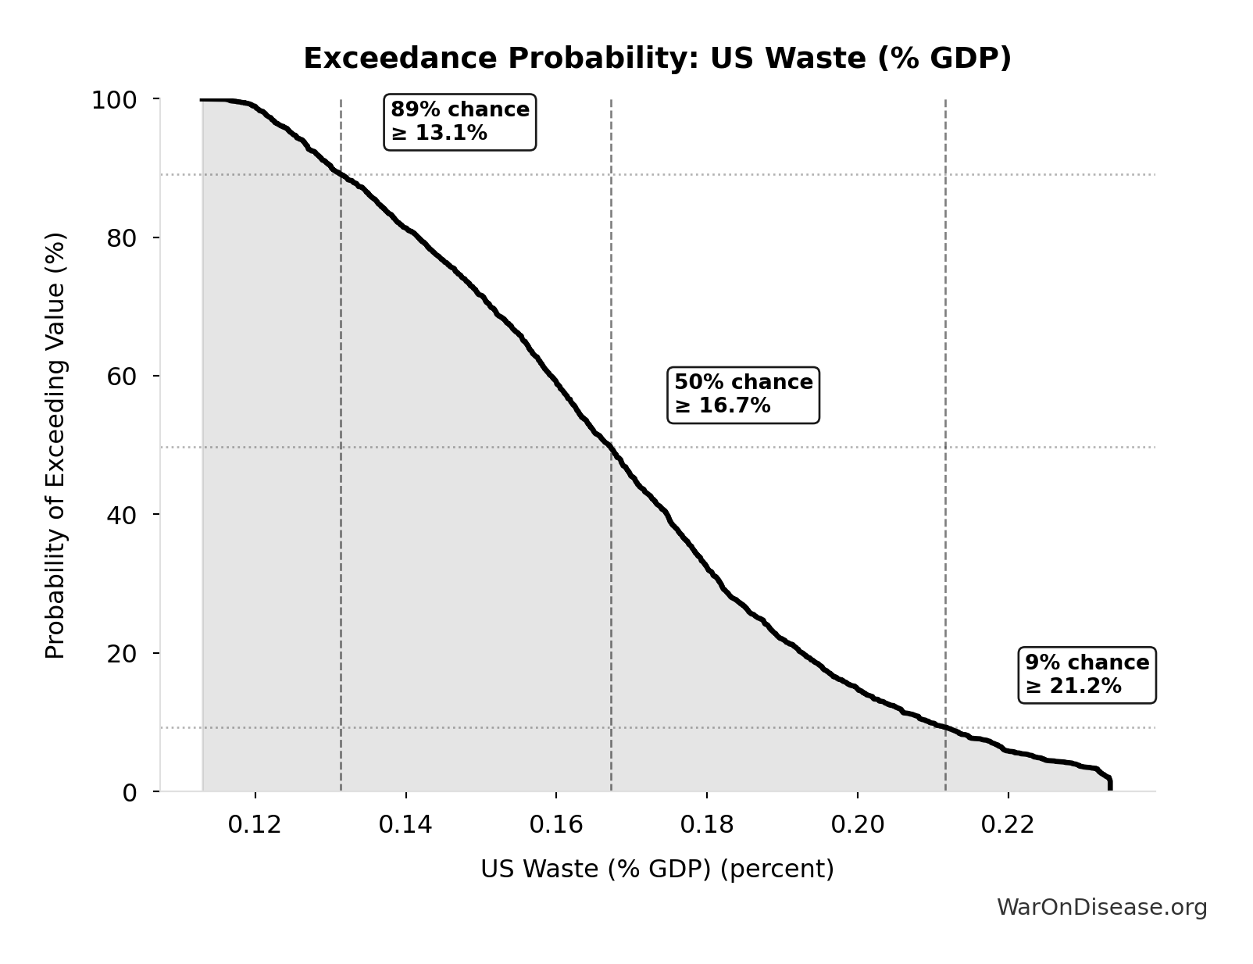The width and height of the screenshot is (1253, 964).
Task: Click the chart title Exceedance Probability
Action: pos(656,59)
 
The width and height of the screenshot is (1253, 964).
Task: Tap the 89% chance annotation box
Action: pos(460,122)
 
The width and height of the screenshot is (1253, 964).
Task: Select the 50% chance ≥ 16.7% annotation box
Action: pos(743,395)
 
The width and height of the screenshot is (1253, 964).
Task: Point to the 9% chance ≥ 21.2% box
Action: pos(1087,675)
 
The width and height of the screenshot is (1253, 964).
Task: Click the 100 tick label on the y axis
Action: pos(114,100)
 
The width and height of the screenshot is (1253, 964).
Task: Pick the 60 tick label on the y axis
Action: pos(122,377)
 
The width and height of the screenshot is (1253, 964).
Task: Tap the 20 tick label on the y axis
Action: pos(122,654)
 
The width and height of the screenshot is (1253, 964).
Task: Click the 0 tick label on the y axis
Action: pos(130,793)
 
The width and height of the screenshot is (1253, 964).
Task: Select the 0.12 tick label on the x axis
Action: pos(255,825)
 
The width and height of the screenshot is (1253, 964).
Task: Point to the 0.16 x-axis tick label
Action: pos(556,825)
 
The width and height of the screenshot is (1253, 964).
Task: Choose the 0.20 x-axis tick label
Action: pos(858,825)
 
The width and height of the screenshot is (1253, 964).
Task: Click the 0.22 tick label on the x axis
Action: pos(1008,825)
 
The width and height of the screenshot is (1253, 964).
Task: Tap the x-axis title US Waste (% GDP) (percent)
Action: pos(657,869)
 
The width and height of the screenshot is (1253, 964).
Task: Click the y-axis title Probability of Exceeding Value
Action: pos(55,445)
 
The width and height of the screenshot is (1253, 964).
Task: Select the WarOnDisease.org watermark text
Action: pos(1101,908)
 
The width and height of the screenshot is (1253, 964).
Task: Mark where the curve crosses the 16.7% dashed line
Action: pos(611,448)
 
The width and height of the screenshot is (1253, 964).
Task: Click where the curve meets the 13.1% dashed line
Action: pos(341,174)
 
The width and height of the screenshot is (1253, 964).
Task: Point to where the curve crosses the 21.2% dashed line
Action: pos(945,727)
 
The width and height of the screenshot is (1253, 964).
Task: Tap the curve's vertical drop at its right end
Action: pos(1110,784)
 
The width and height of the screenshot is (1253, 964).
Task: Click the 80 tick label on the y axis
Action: pos(122,238)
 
